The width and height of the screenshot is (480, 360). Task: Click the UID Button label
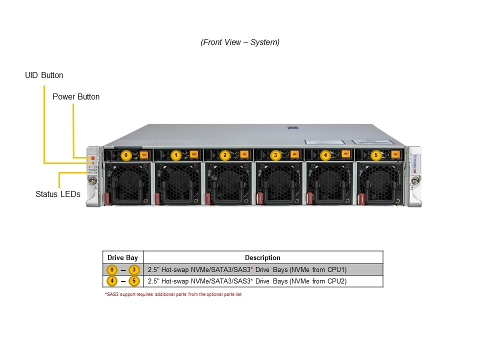click(44, 75)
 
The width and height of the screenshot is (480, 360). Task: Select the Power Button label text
click(76, 97)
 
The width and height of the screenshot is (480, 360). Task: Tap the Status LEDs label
click(58, 194)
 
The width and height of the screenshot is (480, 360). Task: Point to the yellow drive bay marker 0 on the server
click(126, 155)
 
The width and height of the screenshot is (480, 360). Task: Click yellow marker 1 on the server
click(175, 155)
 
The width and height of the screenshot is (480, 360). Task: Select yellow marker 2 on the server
click(225, 155)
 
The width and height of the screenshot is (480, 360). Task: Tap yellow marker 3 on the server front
click(275, 155)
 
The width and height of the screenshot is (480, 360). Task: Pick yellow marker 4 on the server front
click(325, 155)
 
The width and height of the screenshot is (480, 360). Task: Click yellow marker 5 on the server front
click(376, 155)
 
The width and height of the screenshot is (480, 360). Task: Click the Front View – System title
click(240, 42)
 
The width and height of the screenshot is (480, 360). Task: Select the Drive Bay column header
click(122, 258)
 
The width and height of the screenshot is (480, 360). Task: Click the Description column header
click(262, 258)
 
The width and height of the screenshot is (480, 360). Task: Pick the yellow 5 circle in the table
click(133, 281)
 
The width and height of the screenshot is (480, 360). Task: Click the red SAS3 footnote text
click(173, 294)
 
